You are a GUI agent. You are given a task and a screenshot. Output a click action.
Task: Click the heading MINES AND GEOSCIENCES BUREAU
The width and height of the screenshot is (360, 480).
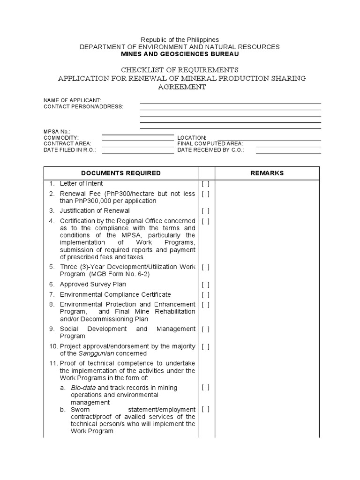[180, 54]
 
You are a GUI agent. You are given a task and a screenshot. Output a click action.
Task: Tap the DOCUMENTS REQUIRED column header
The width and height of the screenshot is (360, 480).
[121, 173]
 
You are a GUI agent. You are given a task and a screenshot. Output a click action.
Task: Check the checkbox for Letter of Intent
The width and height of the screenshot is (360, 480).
[205, 184]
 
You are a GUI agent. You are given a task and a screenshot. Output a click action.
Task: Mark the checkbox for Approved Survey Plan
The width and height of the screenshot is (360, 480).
[205, 285]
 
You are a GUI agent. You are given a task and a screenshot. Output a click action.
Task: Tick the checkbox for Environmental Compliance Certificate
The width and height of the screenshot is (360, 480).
[205, 294]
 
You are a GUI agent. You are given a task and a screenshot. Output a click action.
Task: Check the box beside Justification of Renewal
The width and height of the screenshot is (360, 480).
[205, 211]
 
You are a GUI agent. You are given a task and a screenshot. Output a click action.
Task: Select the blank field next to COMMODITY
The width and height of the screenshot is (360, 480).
[138, 137]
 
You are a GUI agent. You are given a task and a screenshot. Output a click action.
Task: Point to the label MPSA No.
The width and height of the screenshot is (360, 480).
[57, 132]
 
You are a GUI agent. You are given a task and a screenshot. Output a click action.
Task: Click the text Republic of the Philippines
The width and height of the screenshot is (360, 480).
[180, 40]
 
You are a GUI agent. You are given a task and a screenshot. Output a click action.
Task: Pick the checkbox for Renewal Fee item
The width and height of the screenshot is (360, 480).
[205, 194]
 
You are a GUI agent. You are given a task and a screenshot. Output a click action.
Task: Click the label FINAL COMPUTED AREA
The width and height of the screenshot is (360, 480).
[210, 143]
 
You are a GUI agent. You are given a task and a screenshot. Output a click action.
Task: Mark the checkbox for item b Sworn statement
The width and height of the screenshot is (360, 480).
[205, 409]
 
